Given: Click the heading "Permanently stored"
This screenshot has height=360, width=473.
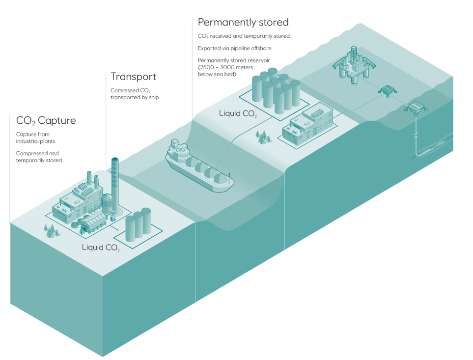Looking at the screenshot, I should tap(243, 22).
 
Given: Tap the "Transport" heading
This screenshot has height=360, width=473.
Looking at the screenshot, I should tap(133, 77).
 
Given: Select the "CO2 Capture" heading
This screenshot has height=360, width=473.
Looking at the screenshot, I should tap(46, 120).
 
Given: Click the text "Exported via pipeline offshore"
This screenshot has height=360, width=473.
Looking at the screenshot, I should tap(234, 48).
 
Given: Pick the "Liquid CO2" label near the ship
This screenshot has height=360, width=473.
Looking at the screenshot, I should tap(238, 114).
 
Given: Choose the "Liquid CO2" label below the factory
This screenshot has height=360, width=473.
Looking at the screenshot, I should tap(101, 247).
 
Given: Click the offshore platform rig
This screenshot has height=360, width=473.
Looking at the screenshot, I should tap(353, 64).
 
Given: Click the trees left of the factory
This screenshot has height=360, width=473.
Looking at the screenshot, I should tap(49, 230).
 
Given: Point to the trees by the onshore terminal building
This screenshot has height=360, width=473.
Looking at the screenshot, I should tap(264, 136).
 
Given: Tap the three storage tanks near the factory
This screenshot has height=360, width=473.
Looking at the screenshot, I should tap(138, 225).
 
